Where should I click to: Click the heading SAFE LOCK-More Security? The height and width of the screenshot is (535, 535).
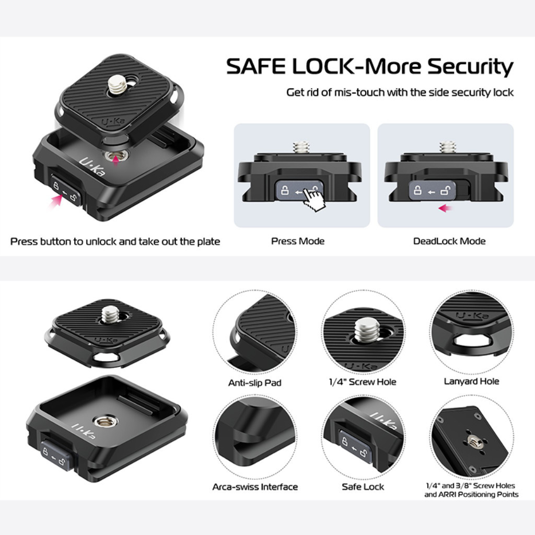(x=369, y=67)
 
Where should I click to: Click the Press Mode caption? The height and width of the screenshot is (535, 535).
(x=297, y=241)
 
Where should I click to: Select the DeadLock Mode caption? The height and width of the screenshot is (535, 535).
(x=449, y=241)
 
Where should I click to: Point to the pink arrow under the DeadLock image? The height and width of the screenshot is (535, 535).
(x=445, y=208)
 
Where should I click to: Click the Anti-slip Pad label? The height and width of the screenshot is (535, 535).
(x=254, y=383)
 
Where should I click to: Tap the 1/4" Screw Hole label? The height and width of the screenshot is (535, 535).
(x=363, y=382)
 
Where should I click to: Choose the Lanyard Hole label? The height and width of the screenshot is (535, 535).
(x=471, y=381)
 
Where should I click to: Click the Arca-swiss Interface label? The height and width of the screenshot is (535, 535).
(x=254, y=487)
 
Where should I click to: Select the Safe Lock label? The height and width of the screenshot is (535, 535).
(x=363, y=487)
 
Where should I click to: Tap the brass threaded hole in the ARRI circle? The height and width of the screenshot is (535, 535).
(x=472, y=441)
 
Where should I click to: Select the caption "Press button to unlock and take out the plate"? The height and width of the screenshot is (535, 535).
(x=115, y=241)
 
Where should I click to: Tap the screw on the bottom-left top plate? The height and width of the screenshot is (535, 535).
(x=110, y=314)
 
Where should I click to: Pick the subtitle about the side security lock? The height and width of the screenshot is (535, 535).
(x=400, y=92)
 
